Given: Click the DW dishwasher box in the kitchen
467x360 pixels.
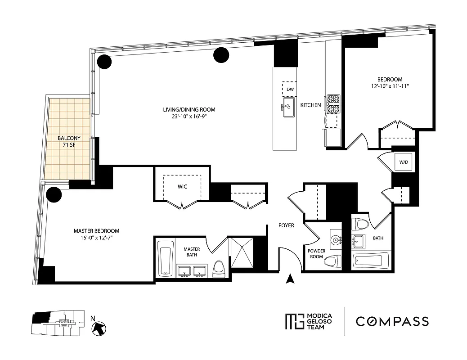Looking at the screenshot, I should coord(289,89).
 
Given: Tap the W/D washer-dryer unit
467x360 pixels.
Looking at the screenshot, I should coord(403,162).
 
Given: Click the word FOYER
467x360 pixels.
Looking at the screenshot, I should coord(286,225).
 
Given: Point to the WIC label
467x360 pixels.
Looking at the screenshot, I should coord(182,185).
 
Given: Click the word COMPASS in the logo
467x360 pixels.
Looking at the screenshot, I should coord(392,321).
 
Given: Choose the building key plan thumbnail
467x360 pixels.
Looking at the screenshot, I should coord(56,323).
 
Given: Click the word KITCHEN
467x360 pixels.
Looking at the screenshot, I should coord(311,105).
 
